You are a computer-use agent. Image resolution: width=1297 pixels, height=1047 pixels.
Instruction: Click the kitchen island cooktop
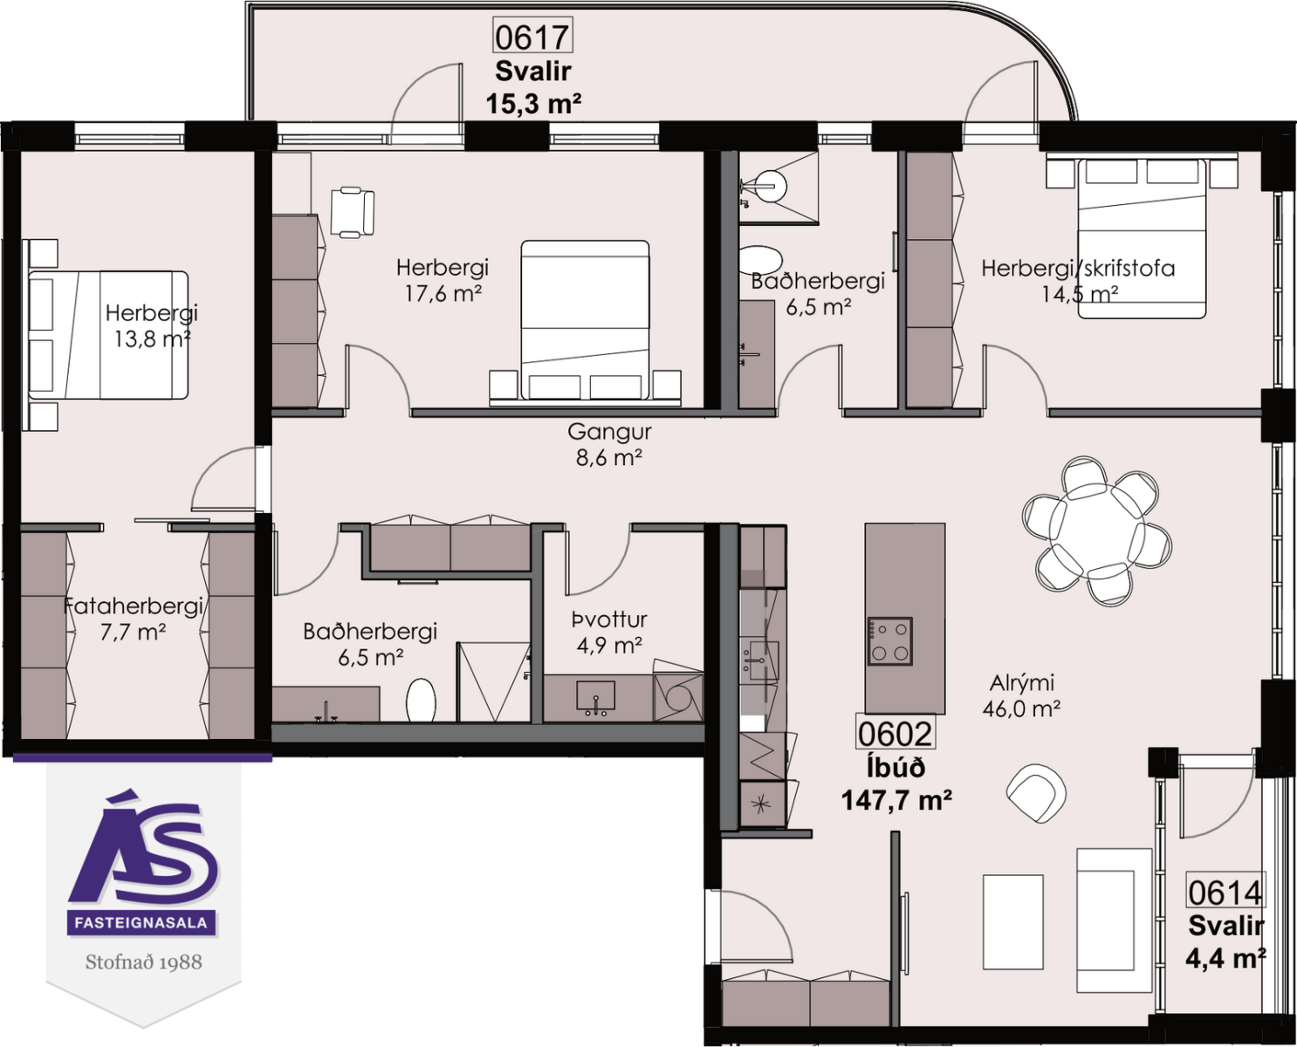pos(889,641)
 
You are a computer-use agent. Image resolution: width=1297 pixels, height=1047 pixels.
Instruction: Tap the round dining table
pos(1097,530)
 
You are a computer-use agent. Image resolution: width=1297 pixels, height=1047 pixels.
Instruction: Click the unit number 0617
pos(532,37)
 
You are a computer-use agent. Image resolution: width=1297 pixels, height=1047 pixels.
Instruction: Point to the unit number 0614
pos(1225,893)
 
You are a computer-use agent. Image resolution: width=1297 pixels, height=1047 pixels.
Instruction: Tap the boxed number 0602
pos(896,734)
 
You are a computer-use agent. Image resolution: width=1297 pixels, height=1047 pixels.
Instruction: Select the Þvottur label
pos(609,620)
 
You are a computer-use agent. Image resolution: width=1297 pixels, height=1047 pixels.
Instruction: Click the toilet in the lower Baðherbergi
pos(421,700)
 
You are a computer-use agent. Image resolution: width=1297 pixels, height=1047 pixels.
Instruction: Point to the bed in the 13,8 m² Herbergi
pos(108,335)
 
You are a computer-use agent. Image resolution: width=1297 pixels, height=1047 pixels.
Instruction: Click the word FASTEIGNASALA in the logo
pos(141,923)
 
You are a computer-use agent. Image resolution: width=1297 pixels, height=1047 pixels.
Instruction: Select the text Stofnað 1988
pos(143,962)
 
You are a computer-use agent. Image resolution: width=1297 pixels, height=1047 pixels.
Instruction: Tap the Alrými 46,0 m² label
pos(1022,695)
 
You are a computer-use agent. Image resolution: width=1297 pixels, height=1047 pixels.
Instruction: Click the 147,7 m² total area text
pos(896,800)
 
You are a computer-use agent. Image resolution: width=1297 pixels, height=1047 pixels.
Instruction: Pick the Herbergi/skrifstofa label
pos(1078,269)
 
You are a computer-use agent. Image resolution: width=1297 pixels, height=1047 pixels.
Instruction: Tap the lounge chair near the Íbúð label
pos(1036,793)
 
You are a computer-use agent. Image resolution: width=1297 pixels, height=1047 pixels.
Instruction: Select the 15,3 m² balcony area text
pos(532,104)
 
